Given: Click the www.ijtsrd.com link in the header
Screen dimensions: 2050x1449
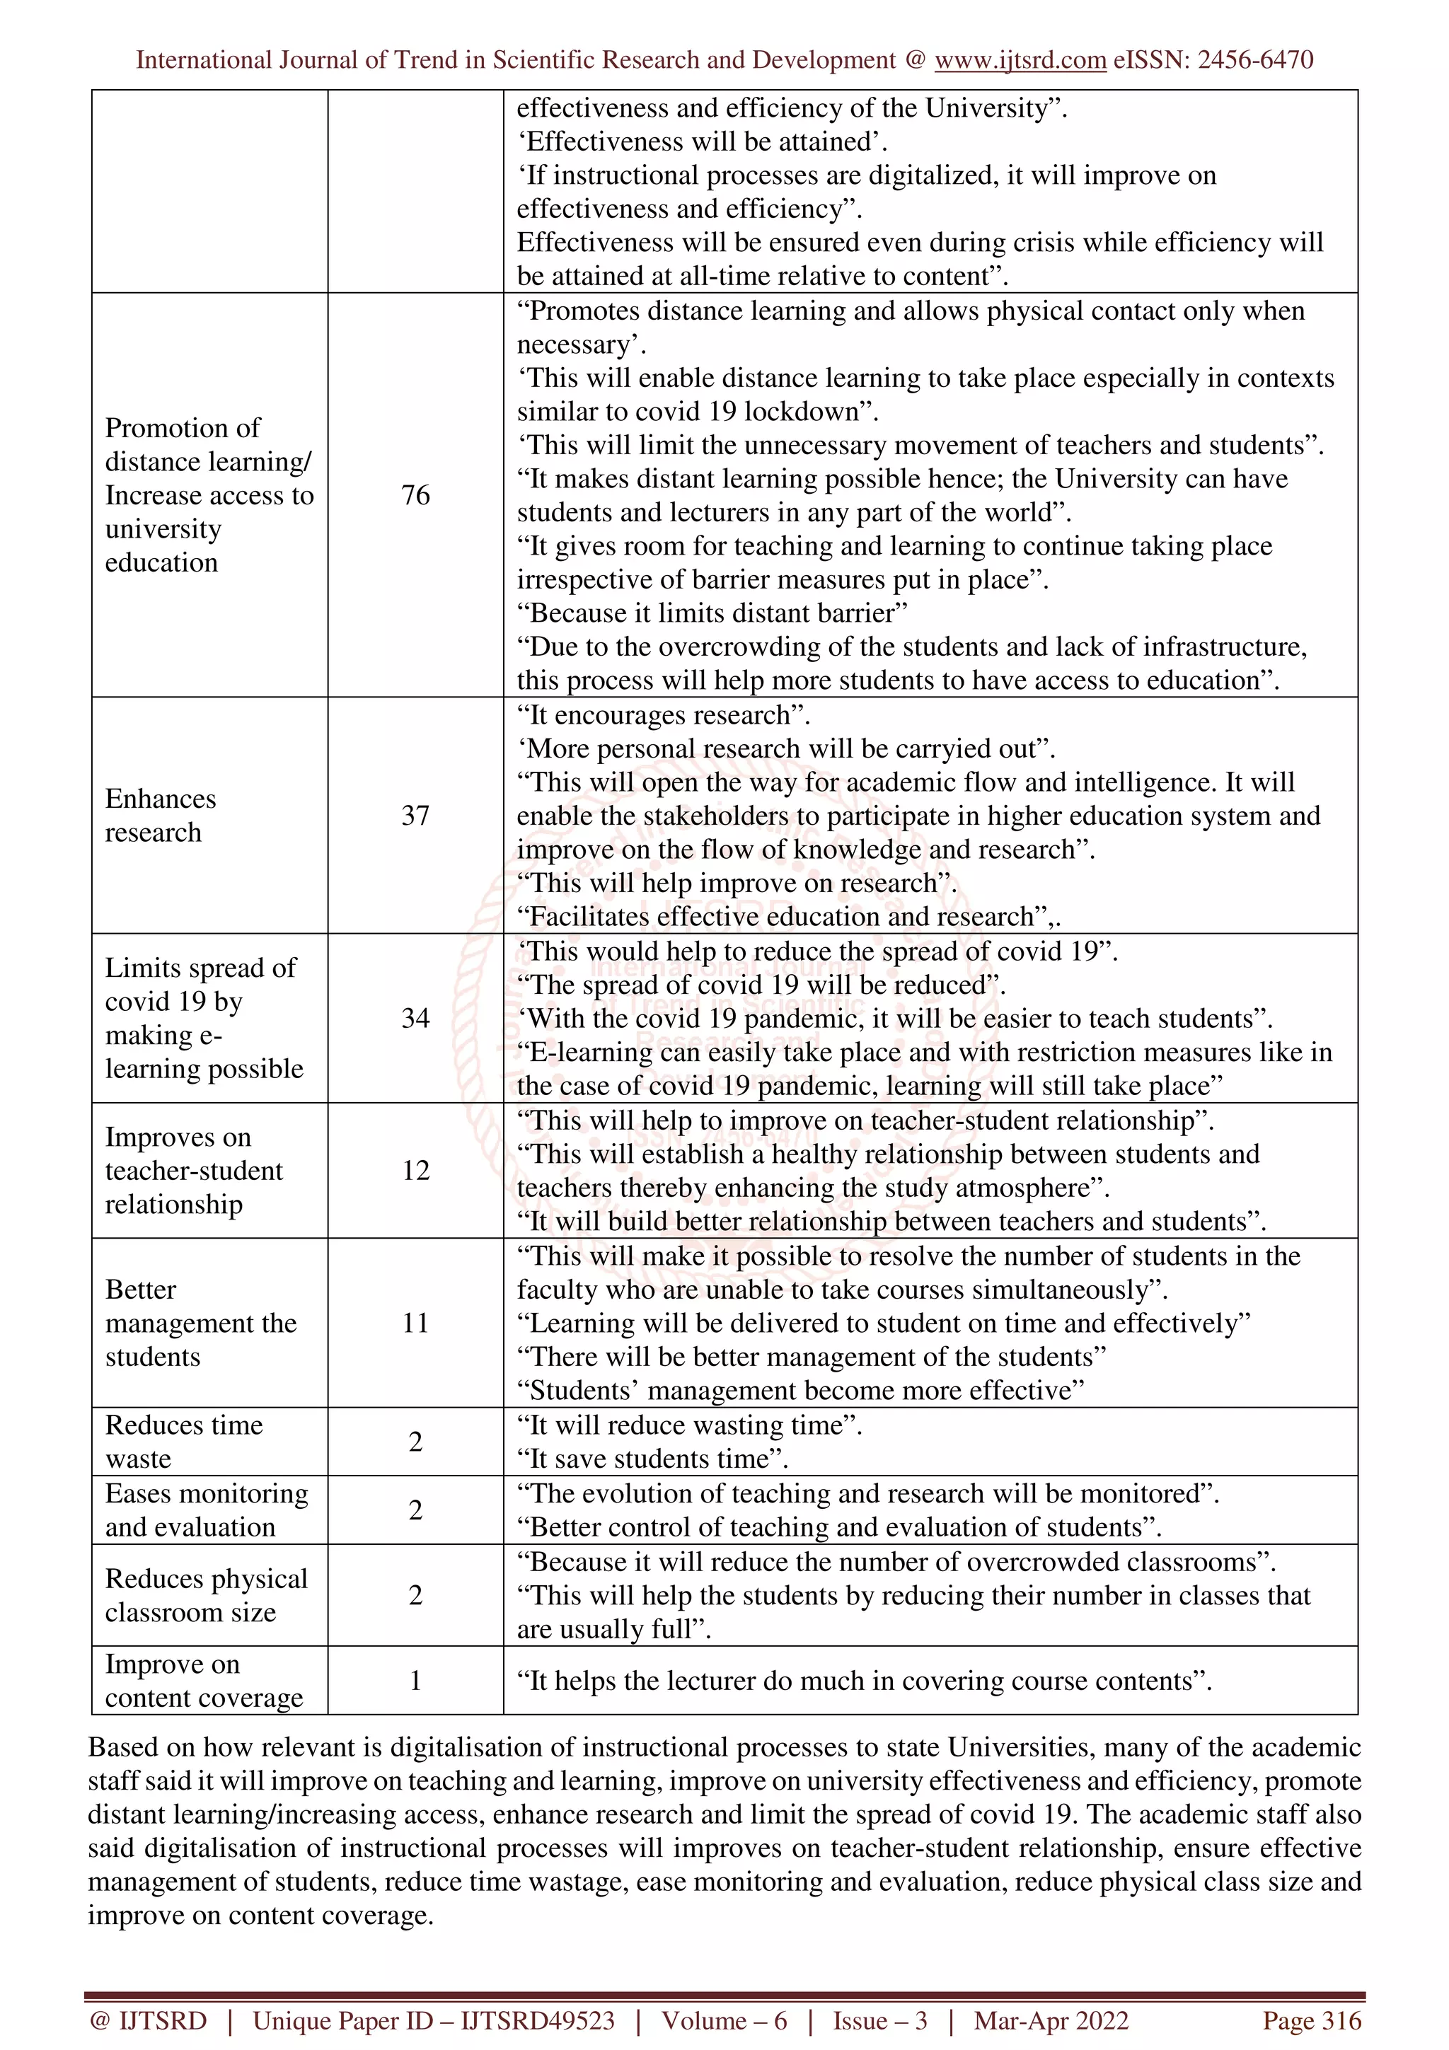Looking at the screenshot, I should tap(1020, 60).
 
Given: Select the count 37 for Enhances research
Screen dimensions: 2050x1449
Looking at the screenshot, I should tap(415, 815).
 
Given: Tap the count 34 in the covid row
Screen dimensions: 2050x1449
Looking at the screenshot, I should tap(415, 1018).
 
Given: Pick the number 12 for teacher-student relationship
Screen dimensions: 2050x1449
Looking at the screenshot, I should tap(415, 1171).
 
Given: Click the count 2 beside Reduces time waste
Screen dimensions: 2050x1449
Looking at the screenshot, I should tap(415, 1441).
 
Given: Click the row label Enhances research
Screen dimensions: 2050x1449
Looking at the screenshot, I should tap(161, 815).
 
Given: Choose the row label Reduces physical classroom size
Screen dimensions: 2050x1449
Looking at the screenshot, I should tap(205, 1596).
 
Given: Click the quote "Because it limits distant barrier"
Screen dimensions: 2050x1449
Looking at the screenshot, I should tap(712, 613).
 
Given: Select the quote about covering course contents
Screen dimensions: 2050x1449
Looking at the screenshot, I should tap(864, 1681).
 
